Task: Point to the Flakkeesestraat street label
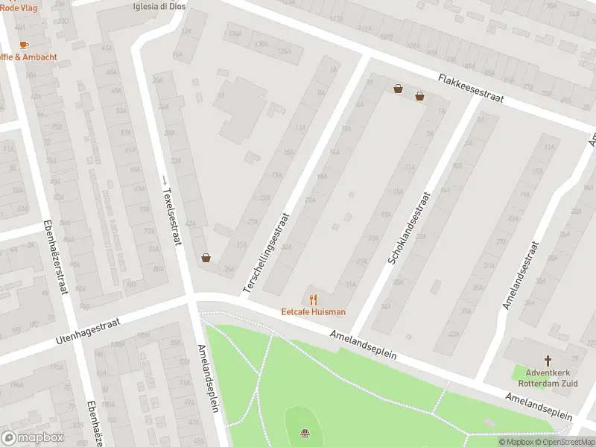pos(471,88)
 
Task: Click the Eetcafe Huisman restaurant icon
pos(313,299)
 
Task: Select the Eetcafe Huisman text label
pos(313,312)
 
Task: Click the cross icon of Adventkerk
pos(548,359)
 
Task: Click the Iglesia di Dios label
pos(159,6)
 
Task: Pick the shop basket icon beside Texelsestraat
pos(206,259)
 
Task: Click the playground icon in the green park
pos(305,434)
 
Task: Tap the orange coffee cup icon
pos(24,45)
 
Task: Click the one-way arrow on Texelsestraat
pos(165,180)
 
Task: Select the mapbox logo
pos(32,438)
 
